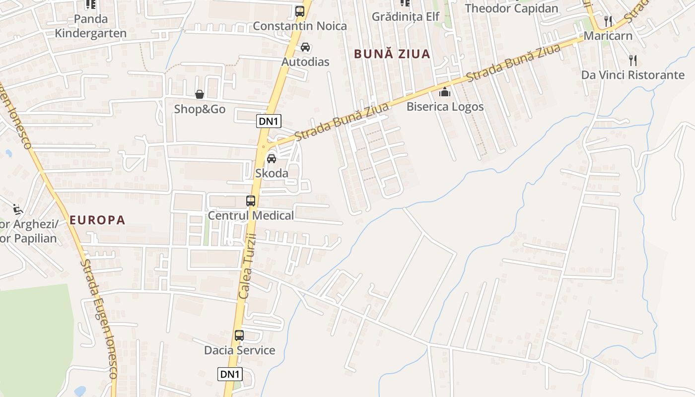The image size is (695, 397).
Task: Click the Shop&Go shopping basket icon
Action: pos(199,94)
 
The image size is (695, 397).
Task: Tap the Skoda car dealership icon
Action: pos(271,159)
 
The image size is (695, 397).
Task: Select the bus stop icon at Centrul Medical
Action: pos(251,201)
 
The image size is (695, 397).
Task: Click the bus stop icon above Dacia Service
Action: pos(239,335)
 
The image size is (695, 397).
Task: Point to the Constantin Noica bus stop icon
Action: pos(299,11)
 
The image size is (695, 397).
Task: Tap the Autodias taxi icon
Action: pos(305,48)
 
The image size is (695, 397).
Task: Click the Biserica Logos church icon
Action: pos(444,92)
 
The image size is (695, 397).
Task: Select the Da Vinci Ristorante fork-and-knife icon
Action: pos(632,61)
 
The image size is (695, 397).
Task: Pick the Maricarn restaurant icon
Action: pos(608,21)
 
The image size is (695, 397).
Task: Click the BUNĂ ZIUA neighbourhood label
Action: pos(392,54)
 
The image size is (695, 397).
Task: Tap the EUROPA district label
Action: pos(97,220)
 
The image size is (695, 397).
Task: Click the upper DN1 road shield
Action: pos(269,121)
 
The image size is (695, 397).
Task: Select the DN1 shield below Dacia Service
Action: pos(230,374)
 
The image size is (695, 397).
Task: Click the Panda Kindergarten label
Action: pos(90,26)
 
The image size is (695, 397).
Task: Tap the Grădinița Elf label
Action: pos(406,16)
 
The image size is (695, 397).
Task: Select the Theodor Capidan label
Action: pos(511,8)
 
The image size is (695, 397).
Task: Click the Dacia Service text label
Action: pos(239,350)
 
